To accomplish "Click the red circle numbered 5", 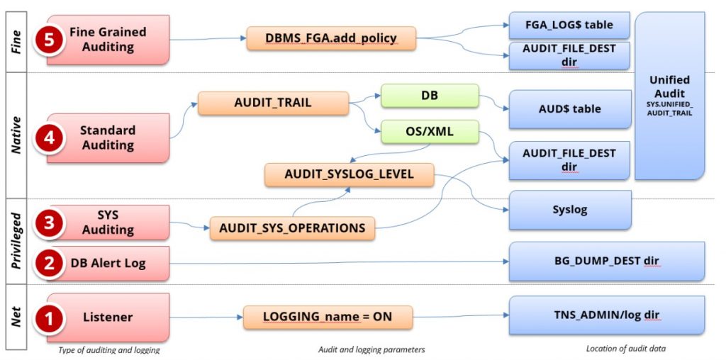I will tap(50, 40).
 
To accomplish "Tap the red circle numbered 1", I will tap(50, 318).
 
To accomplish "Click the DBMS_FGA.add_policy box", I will tap(331, 38).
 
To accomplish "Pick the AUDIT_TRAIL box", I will tap(273, 103).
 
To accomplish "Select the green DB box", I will tap(430, 96).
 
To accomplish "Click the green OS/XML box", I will tap(430, 133).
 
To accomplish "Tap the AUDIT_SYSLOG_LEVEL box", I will tap(349, 174).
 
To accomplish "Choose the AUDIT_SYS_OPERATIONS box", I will tap(292, 228).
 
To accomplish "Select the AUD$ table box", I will tap(569, 109).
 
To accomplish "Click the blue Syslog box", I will tap(569, 210).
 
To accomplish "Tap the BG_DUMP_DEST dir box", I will tap(606, 261).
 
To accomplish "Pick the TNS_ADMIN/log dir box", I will tap(606, 315).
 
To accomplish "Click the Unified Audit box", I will tap(669, 96).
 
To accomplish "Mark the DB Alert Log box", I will tap(108, 263).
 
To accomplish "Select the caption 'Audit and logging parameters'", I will tap(372, 349).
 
